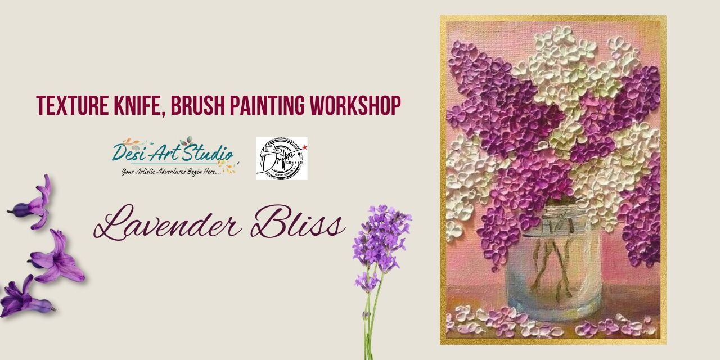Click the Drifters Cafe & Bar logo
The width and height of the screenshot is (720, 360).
click(282, 159)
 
